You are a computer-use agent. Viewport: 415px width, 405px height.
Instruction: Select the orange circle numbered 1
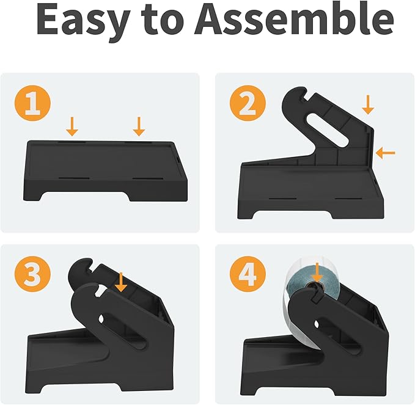pos(32,103)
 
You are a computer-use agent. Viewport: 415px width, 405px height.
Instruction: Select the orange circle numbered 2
pos(248,103)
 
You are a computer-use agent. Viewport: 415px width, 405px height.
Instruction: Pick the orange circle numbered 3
pos(32,274)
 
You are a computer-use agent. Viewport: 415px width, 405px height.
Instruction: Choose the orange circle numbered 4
pos(248,274)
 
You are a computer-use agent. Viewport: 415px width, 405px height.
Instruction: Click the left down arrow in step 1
pos(72,126)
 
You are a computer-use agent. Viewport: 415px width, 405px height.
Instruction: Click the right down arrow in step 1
pos(139,126)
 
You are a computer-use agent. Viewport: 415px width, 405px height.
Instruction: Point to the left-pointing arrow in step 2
pos(385,153)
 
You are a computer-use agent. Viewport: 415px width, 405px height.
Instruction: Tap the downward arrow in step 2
pos(368,104)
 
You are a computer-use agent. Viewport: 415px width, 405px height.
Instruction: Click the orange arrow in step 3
pos(121,282)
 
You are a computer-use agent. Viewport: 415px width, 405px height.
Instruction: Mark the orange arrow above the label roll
pos(317,272)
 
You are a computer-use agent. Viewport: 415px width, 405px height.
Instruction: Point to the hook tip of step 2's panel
pos(304,91)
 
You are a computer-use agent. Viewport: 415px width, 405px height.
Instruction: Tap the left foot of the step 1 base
pos(33,195)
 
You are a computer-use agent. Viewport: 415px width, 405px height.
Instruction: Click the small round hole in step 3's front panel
pos(101,319)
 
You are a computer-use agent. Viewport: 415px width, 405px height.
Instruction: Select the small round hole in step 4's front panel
pos(316,324)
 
